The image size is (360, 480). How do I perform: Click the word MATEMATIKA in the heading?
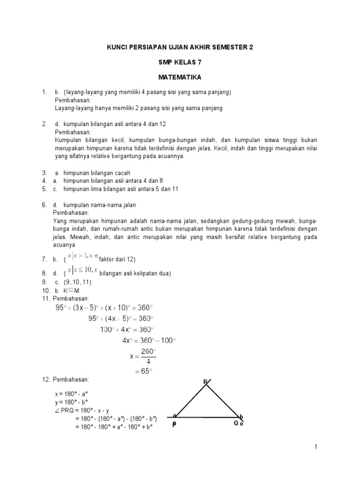[x=180, y=76]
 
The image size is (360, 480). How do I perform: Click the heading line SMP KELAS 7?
[x=180, y=62]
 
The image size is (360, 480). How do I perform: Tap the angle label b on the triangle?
[x=242, y=416]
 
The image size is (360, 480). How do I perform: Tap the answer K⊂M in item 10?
[x=68, y=290]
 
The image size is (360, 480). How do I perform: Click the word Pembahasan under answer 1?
[x=72, y=100]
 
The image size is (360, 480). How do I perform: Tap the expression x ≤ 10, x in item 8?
[x=82, y=270]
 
